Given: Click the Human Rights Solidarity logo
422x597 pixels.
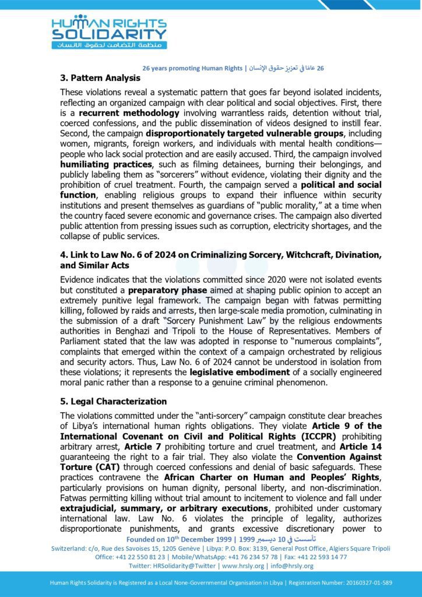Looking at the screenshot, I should click(x=108, y=31).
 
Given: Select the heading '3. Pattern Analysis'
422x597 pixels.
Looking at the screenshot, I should click(x=100, y=78).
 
